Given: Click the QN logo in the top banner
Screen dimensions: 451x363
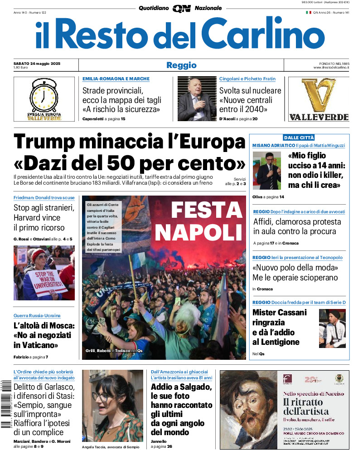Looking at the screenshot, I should click(x=181, y=8).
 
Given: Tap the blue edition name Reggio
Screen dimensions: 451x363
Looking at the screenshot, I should click(x=181, y=65).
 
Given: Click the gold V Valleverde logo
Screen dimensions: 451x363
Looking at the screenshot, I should click(x=319, y=95).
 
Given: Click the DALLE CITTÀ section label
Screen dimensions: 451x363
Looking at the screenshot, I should click(x=299, y=137).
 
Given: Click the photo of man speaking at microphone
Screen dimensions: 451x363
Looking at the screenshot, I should click(x=266, y=171).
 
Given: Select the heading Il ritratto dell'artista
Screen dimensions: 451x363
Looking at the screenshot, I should click(x=303, y=407).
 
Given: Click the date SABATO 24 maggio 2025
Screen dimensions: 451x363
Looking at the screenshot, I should click(x=37, y=63).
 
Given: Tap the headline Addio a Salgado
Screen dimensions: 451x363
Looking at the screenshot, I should click(x=181, y=387).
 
